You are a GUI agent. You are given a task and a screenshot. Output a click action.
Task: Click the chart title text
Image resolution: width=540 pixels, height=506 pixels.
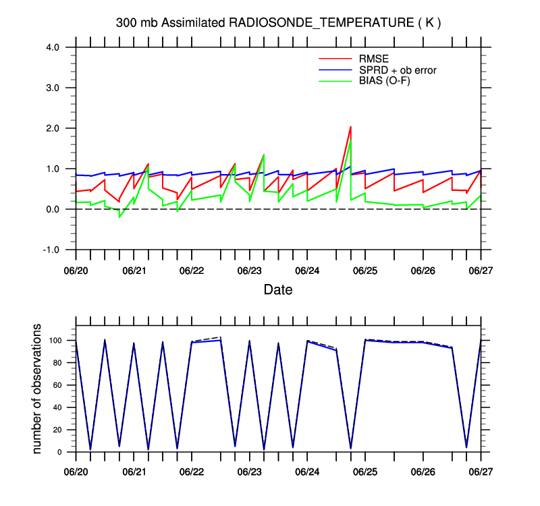(x=278, y=23)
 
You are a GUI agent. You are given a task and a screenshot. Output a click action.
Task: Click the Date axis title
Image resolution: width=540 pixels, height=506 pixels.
(x=278, y=290)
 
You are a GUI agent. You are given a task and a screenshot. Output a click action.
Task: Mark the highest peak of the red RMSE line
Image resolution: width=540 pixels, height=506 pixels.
(x=350, y=127)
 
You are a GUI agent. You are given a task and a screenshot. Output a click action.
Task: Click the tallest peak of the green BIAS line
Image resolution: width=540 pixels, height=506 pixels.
(x=350, y=140)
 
